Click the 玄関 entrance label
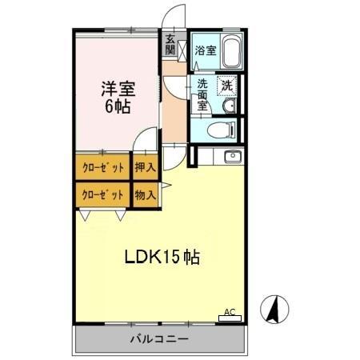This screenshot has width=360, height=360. (x=170, y=44)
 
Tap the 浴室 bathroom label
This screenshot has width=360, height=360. (x=206, y=50)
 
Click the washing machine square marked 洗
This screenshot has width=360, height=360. (x=227, y=86)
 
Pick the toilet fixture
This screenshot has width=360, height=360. (x=221, y=130)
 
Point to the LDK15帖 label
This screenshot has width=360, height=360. (x=161, y=258)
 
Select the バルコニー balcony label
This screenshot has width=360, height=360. (x=159, y=339)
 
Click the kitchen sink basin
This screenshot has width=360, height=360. (x=233, y=156)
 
